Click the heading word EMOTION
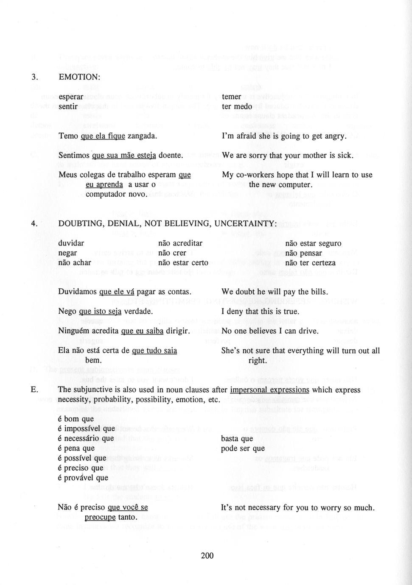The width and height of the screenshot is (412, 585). pyautogui.click(x=79, y=77)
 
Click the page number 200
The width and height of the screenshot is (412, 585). pyautogui.click(x=207, y=555)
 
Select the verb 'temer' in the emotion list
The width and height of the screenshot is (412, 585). pyautogui.click(x=231, y=97)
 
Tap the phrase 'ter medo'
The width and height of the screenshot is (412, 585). pyautogui.click(x=237, y=106)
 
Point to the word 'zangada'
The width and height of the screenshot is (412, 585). pyautogui.click(x=142, y=136)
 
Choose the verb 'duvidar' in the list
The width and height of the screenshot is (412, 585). pyautogui.click(x=71, y=243)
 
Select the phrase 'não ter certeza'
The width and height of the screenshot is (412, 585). pyautogui.click(x=310, y=263)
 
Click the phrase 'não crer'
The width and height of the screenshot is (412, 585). pyautogui.click(x=172, y=253)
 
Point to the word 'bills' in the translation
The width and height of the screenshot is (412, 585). pyautogui.click(x=318, y=292)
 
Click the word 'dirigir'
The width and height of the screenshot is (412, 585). pyautogui.click(x=178, y=331)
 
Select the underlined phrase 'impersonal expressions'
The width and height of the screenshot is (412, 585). pyautogui.click(x=269, y=390)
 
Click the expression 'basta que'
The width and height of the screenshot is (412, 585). pyautogui.click(x=237, y=438)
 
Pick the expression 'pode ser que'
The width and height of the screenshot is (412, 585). pyautogui.click(x=243, y=448)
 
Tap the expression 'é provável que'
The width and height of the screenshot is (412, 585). pyautogui.click(x=83, y=478)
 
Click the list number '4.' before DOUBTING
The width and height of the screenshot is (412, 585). pyautogui.click(x=35, y=223)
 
